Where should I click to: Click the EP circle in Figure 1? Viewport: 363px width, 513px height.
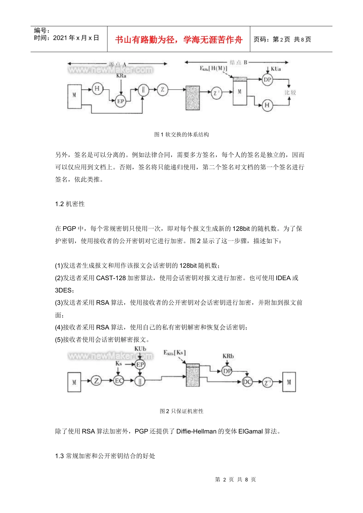120,101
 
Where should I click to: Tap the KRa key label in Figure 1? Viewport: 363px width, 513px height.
121,76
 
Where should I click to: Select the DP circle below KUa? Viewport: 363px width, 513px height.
267,80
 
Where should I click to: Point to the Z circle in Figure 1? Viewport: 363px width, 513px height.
162,90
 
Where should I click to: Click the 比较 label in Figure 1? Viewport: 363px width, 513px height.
290,92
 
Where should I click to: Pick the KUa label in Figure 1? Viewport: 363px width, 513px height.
275,69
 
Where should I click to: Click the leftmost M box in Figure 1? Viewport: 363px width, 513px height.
74,95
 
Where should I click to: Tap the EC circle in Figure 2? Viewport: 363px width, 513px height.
119,381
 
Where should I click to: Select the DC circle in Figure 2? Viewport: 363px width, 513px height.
247,381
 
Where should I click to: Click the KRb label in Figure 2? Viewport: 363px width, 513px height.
228,356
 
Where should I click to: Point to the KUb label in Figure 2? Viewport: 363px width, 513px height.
140,349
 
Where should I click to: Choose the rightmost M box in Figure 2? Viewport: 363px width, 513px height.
289,382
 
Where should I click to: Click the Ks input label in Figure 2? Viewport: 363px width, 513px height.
118,363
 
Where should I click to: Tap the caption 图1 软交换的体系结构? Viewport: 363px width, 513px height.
181,134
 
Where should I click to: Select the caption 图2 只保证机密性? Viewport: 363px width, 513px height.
181,411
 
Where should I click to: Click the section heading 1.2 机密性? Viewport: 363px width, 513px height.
70,204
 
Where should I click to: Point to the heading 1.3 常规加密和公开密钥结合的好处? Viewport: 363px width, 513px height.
105,456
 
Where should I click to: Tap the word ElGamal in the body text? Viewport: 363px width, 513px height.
250,431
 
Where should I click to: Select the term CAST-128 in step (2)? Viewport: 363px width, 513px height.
111,278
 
